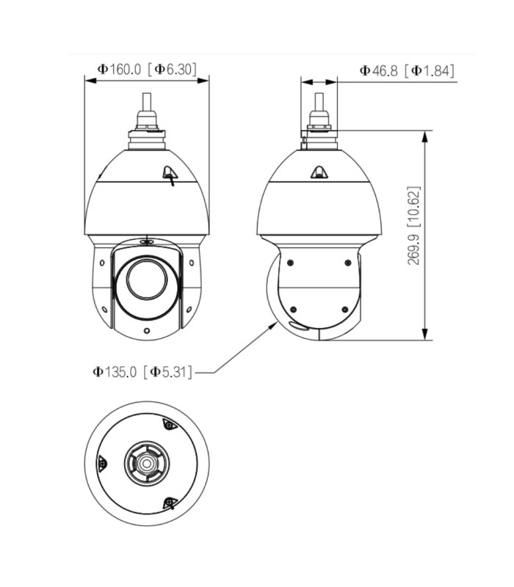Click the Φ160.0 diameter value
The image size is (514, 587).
pos(119,70)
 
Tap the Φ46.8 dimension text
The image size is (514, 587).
pos(379,70)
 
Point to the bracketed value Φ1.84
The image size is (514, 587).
pos(432,70)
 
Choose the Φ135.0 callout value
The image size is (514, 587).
pos(116,373)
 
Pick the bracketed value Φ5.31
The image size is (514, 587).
pos(170,373)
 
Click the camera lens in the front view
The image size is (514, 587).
pos(147,279)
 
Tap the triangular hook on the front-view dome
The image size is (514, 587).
pos(170,174)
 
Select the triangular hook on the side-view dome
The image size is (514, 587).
pos(319,173)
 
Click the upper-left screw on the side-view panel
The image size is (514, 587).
pos(292,263)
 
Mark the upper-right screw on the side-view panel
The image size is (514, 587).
pos(347,263)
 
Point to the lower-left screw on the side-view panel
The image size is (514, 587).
pos(292,309)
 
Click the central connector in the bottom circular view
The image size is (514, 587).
pos(147,464)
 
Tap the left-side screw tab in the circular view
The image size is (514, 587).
pos(102,463)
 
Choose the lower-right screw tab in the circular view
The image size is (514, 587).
pos(170,503)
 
